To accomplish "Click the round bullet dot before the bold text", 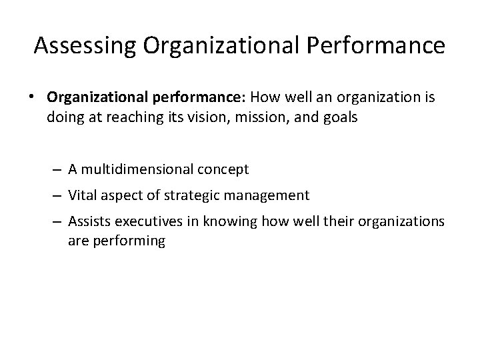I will click(32, 97).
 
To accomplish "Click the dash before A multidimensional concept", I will click(59, 169).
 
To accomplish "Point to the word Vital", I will click(83, 195).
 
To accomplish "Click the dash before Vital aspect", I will click(59, 195).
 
